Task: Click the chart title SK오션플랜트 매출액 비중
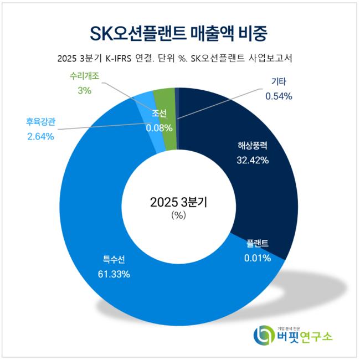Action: (x=179, y=34)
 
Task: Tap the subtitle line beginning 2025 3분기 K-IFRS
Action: (x=179, y=59)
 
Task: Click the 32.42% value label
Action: (x=253, y=161)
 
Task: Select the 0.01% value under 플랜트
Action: (x=257, y=258)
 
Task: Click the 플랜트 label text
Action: (x=258, y=244)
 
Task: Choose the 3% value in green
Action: (x=85, y=91)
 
